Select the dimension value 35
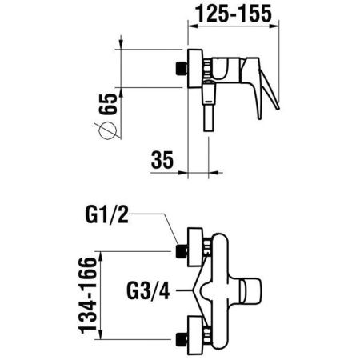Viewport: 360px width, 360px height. [162, 160]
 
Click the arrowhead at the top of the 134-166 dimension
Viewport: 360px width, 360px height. [102, 256]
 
